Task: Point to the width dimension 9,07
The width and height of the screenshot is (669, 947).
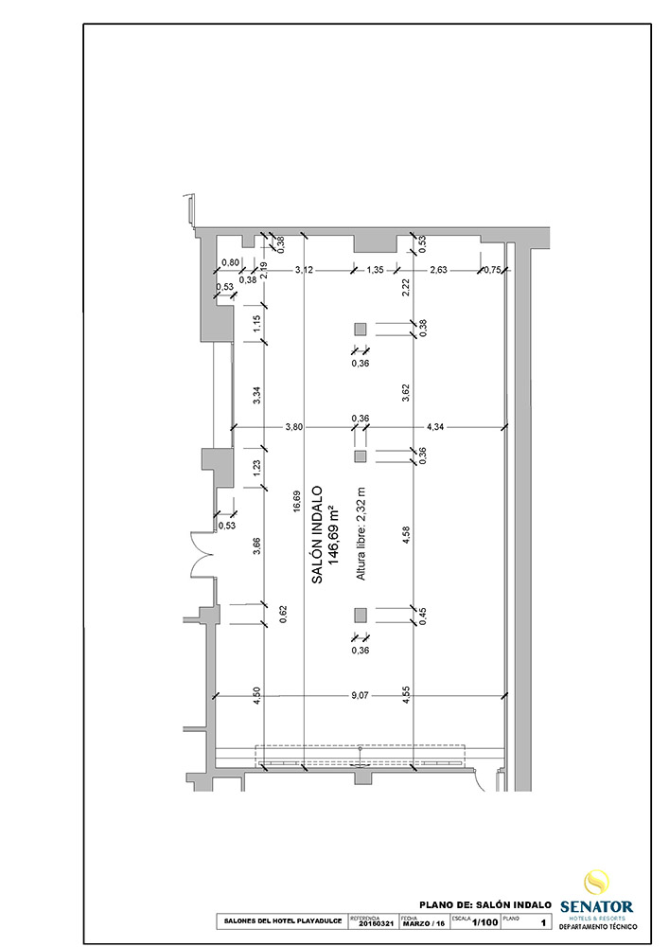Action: pyautogui.click(x=360, y=696)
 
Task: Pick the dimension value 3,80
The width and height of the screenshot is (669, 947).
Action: pyautogui.click(x=294, y=427)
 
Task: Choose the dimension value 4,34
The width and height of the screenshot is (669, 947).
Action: pyautogui.click(x=435, y=427)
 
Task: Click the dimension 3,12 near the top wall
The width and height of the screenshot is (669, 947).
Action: pyautogui.click(x=304, y=270)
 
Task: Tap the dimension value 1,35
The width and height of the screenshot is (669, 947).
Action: pyautogui.click(x=375, y=270)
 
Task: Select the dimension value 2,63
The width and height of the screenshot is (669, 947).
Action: pyautogui.click(x=438, y=270)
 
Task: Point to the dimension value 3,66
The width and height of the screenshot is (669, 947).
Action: pyautogui.click(x=256, y=546)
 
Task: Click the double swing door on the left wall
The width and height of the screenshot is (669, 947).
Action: pyautogui.click(x=204, y=557)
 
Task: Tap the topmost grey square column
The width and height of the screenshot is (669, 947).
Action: pyautogui.click(x=360, y=329)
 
